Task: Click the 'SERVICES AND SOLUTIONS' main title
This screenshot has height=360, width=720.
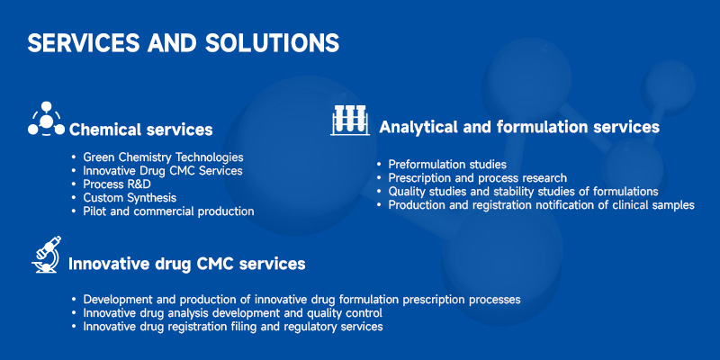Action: click(184, 43)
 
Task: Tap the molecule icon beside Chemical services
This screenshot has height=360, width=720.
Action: click(46, 119)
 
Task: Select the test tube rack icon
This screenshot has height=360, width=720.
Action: click(350, 120)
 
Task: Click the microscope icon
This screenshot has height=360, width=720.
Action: click(47, 255)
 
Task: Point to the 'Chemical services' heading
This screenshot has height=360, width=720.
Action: click(140, 130)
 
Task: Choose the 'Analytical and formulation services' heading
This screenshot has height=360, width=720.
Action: click(519, 127)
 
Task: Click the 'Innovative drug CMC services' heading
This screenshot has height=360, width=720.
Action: click(187, 264)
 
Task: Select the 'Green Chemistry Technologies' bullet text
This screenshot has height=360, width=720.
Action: click(163, 157)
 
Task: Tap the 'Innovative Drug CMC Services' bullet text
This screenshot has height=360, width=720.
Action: click(163, 171)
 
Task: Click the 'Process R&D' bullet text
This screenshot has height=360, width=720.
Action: click(117, 184)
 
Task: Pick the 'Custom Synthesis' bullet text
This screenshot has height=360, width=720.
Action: click(130, 198)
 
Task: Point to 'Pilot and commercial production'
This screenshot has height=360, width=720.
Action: click(168, 211)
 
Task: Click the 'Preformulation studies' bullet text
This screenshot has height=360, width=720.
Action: click(447, 165)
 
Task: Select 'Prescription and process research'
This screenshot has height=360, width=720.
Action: click(478, 177)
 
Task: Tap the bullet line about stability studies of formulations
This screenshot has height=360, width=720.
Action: click(524, 191)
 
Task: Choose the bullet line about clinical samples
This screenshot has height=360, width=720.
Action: click(542, 205)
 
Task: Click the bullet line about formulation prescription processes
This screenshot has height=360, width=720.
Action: click(301, 300)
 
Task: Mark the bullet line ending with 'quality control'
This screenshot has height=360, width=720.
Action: click(233, 313)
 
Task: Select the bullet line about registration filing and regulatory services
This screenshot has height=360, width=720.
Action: click(233, 327)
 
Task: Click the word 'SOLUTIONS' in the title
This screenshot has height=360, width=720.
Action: click(273, 43)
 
